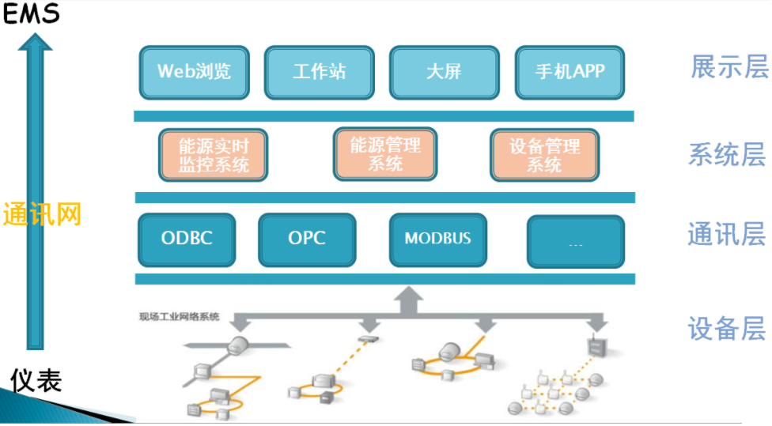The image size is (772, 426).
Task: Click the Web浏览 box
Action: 195,72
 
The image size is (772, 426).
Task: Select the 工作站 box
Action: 319,72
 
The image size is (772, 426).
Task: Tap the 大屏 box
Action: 444,72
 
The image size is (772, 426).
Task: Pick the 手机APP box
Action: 570,72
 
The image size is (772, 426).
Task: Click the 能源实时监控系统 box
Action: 214,155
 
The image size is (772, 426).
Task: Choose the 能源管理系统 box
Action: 385,153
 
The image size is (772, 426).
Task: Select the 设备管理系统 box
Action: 544,155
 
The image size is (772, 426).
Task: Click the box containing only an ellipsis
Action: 576,242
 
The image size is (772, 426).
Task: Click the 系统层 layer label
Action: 727,155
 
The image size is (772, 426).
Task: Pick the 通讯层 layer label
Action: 727,235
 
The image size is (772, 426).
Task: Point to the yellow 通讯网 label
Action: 42,214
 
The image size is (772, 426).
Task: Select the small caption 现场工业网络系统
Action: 179,317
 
